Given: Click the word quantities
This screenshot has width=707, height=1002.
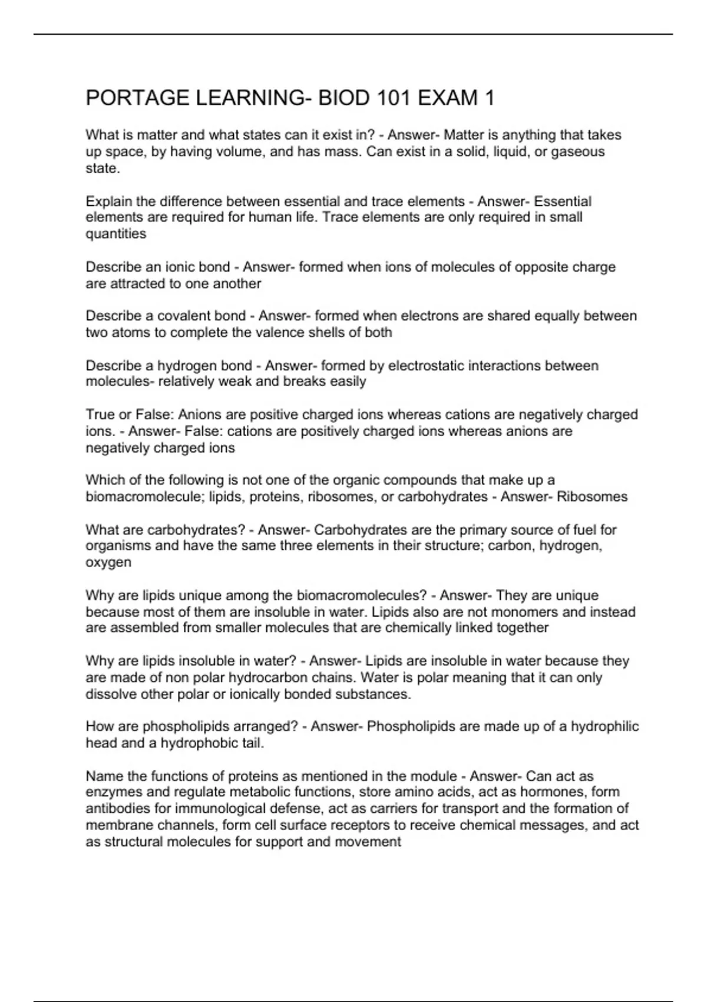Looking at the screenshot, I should coord(116,234).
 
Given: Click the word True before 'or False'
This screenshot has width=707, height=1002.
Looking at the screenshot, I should coord(100,414).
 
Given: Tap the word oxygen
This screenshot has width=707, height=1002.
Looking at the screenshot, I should coord(108,562).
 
